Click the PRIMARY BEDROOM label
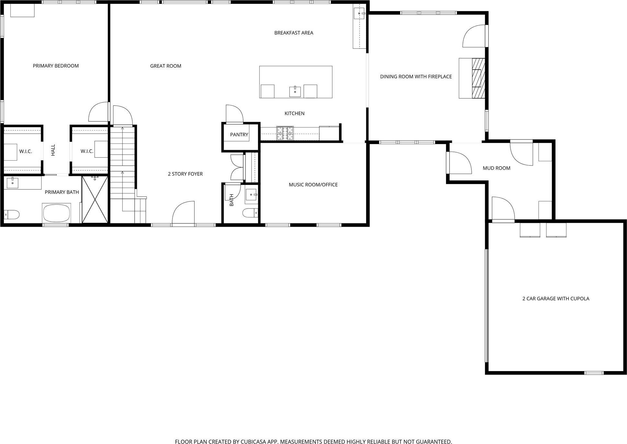point(56,66)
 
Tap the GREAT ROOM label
point(166,66)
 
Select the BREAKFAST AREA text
point(294,33)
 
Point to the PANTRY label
point(239,135)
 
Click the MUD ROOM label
point(496,168)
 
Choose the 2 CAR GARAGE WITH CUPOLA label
point(556,299)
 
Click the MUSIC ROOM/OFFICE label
point(313,185)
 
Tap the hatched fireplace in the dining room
point(478,78)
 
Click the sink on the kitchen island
point(295,92)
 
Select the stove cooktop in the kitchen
point(285,133)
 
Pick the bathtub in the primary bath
point(57,213)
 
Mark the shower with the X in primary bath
point(95,199)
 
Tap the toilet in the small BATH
point(250,213)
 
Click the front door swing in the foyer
point(183,212)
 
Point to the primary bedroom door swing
point(99,112)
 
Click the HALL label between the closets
point(53,150)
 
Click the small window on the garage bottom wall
point(594,373)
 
